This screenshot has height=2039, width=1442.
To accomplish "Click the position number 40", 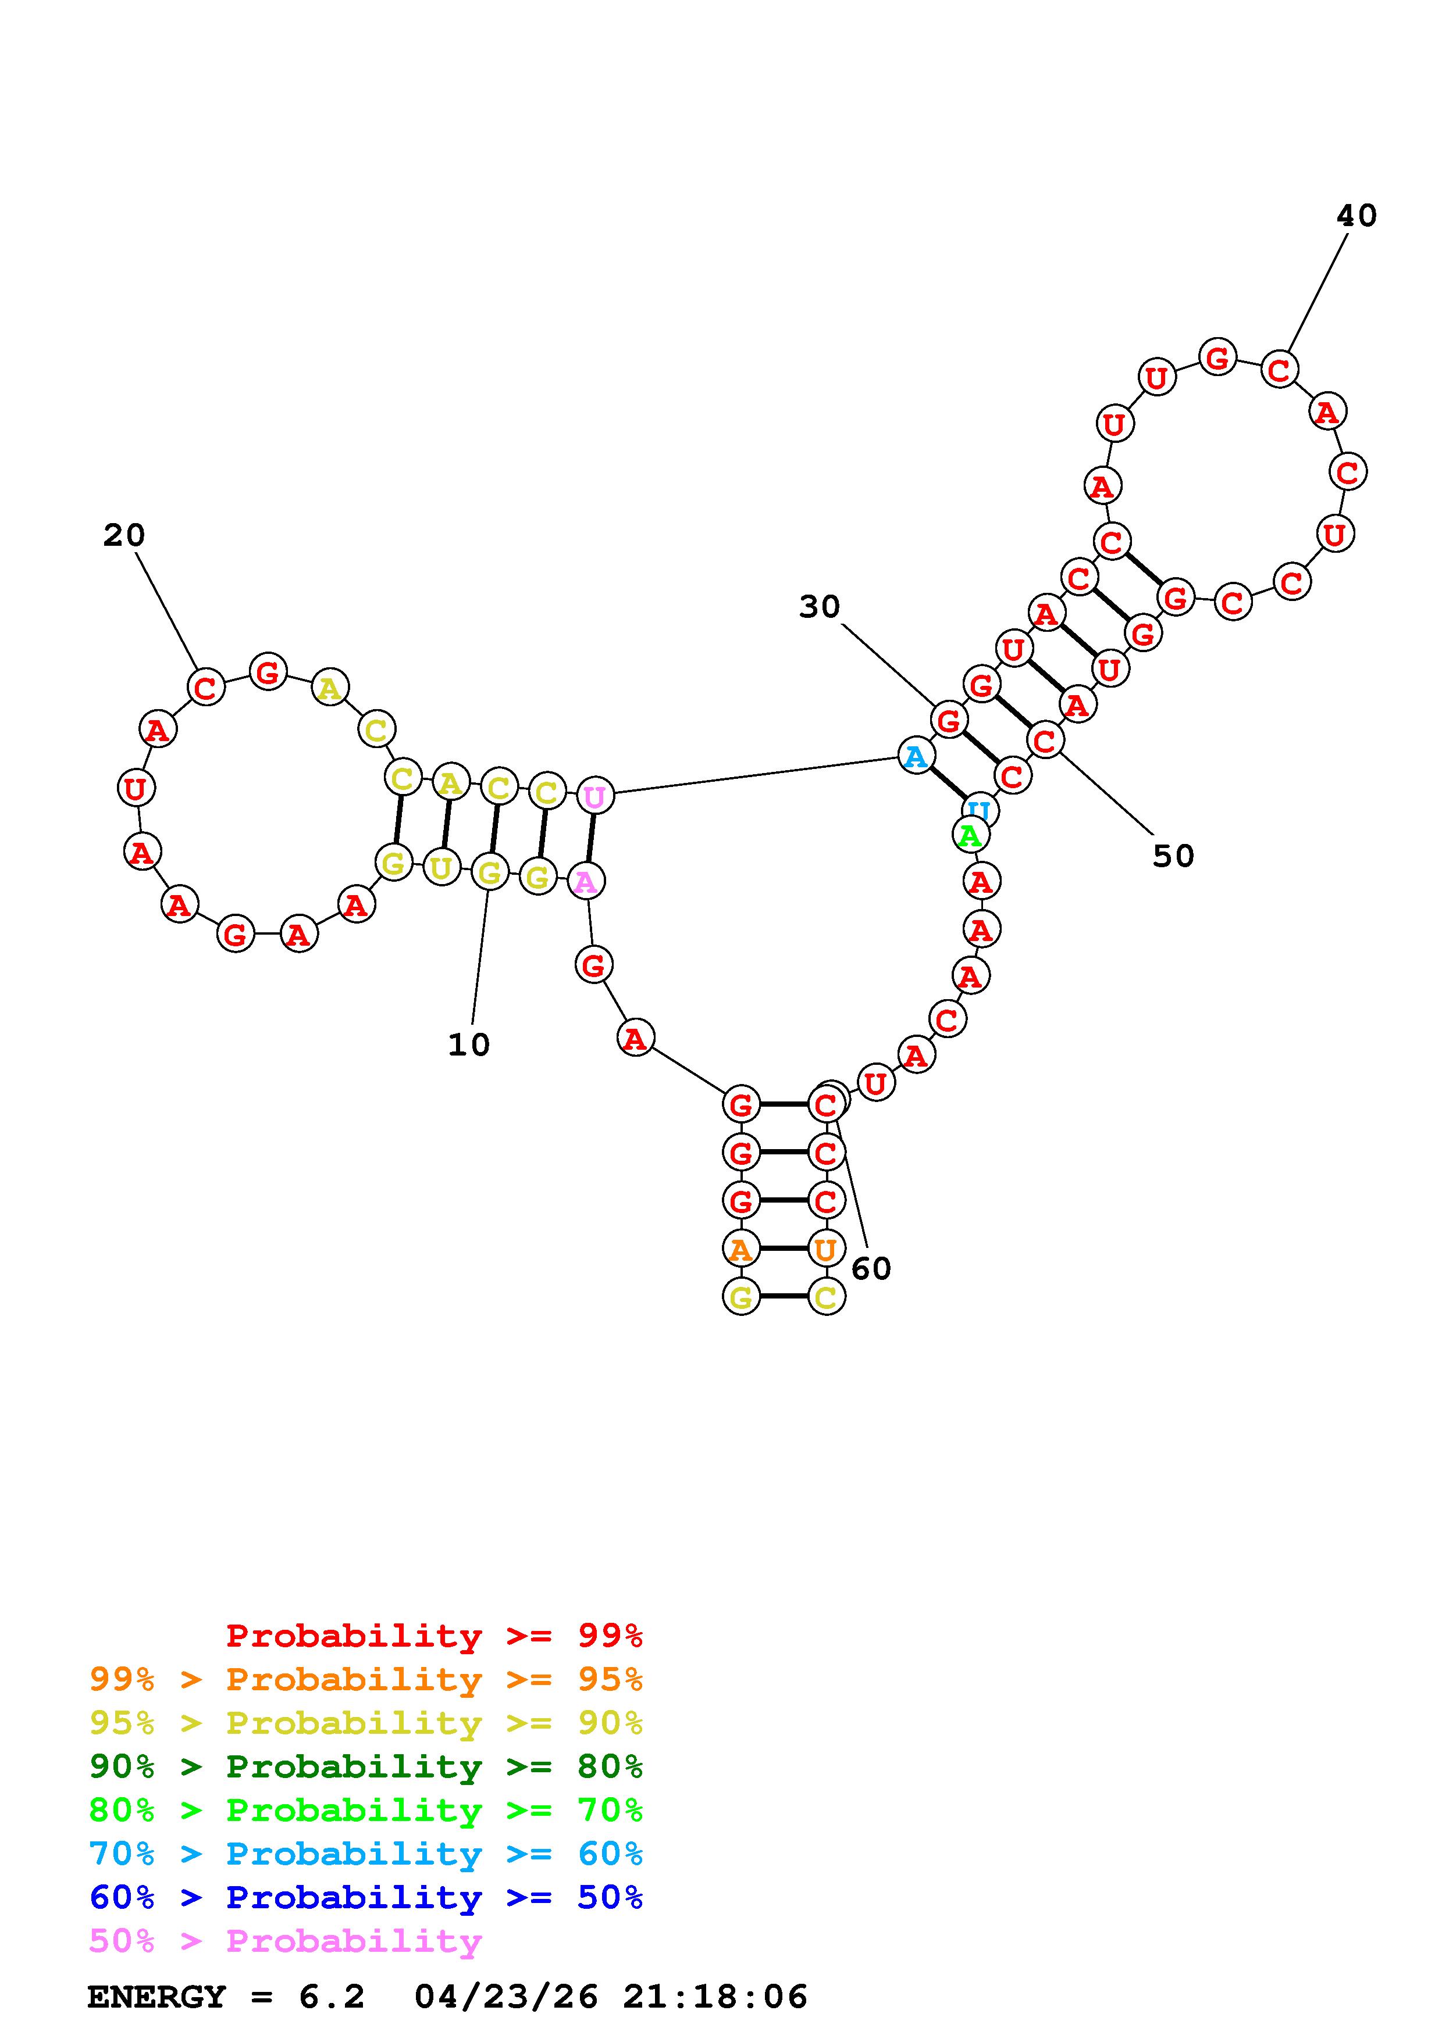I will pyautogui.click(x=1356, y=216).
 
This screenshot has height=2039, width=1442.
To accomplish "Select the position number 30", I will pyautogui.click(x=818, y=607).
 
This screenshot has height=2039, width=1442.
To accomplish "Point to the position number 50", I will pyautogui.click(x=1173, y=856).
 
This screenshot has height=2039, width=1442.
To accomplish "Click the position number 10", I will pyautogui.click(x=468, y=1045).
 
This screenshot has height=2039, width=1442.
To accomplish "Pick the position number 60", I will pyautogui.click(x=871, y=1269).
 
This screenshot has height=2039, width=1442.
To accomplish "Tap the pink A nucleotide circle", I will pyautogui.click(x=586, y=882).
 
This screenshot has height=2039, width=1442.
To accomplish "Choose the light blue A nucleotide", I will pyautogui.click(x=915, y=757).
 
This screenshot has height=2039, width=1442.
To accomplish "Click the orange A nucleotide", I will pyautogui.click(x=740, y=1250).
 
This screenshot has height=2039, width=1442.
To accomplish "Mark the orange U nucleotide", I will pyautogui.click(x=825, y=1250).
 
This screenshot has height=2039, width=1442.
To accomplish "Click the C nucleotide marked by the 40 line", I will pyautogui.click(x=1279, y=370).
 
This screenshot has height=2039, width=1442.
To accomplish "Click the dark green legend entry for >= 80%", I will pyautogui.click(x=366, y=1766).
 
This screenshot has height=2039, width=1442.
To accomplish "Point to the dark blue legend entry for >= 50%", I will pyautogui.click(x=366, y=1897).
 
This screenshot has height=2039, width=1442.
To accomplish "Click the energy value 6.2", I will pyautogui.click(x=332, y=1997).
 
